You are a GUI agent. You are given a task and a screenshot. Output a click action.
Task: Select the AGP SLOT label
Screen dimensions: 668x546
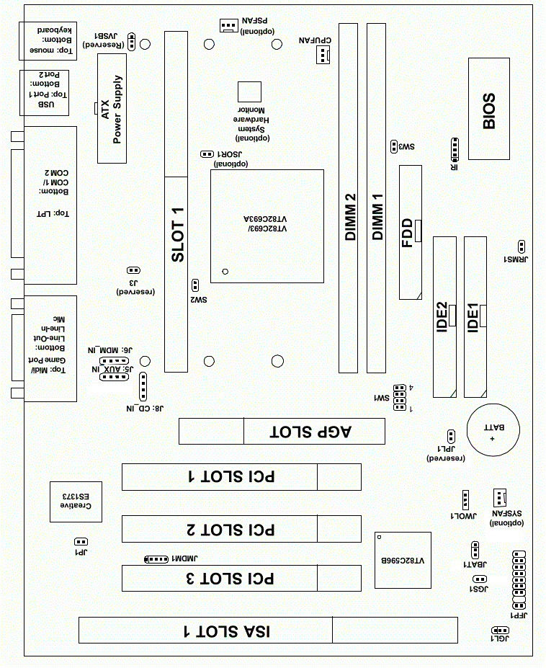(x=310, y=432)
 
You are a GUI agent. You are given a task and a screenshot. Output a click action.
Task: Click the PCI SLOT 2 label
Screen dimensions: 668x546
(x=230, y=530)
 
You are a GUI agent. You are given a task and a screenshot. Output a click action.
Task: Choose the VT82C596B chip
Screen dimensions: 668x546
(x=403, y=560)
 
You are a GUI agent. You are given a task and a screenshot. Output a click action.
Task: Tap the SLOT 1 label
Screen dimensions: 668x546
(x=176, y=234)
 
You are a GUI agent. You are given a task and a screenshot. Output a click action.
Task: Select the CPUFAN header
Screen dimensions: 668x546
(x=321, y=54)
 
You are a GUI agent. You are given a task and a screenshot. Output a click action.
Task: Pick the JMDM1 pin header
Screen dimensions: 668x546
(x=156, y=558)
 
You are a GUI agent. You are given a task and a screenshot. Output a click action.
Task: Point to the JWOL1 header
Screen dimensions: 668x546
(x=465, y=499)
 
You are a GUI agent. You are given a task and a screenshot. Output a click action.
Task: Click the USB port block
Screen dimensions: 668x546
(x=44, y=93)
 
